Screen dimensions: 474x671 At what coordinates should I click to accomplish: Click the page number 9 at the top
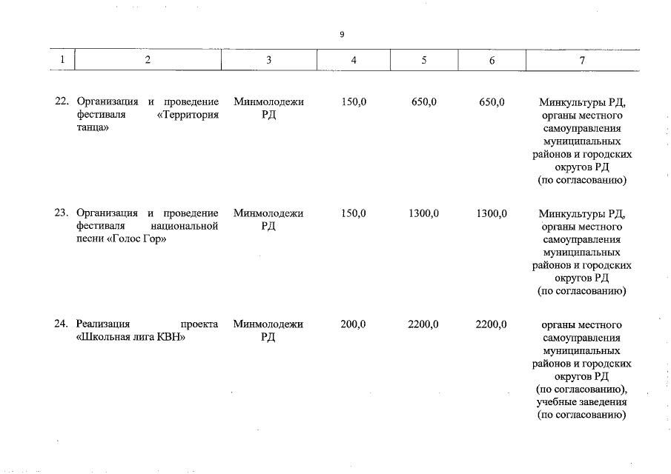coord(342,34)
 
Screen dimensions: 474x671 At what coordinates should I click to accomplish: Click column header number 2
coord(148,60)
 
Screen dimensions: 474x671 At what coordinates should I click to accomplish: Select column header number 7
coord(581,60)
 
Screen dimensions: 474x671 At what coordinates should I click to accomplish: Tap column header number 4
coord(354,60)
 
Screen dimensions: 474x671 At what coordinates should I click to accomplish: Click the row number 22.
coord(62,101)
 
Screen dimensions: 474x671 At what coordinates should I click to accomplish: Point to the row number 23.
coord(62,213)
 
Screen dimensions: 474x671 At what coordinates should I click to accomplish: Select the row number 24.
coord(62,324)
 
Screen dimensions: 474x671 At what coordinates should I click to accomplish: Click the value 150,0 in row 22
coord(354,101)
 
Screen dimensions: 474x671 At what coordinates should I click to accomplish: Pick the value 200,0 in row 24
coord(354,324)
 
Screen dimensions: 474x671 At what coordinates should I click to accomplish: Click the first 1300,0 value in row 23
coord(423,213)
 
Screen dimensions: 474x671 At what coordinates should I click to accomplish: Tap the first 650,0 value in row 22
coord(423,101)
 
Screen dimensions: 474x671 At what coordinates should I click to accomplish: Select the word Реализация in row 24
coord(103,324)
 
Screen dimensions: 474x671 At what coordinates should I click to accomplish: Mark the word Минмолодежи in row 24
coord(268,324)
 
